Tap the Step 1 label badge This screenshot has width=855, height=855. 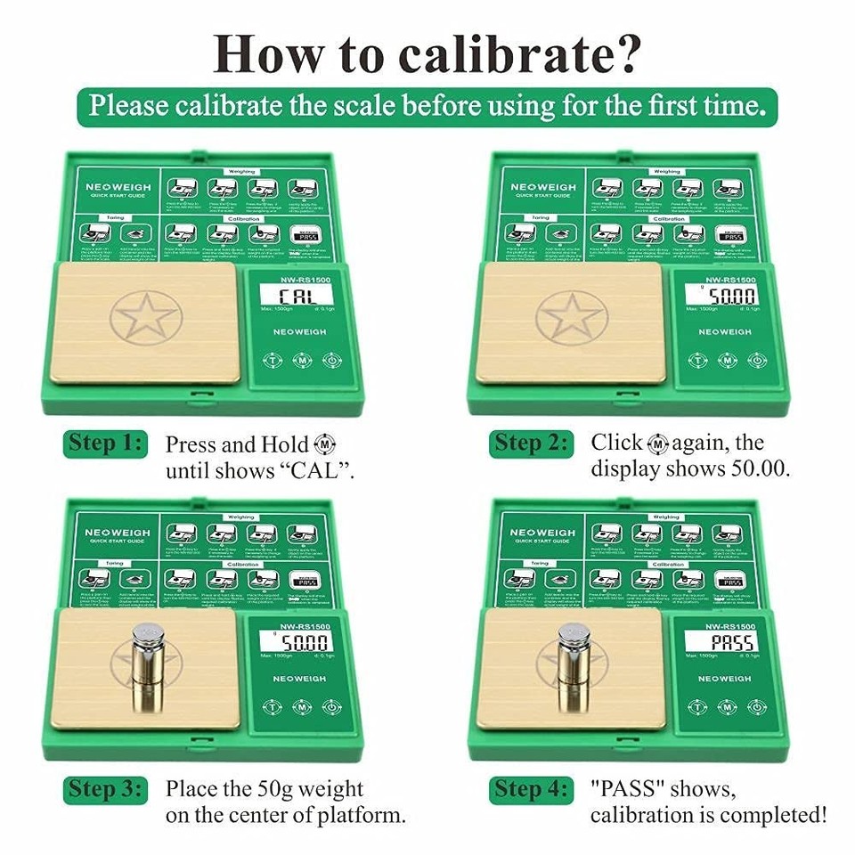coord(105,443)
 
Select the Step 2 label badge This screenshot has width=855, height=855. coord(531,443)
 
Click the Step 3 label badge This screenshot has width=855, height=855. coord(105,789)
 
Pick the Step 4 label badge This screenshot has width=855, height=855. coord(531,789)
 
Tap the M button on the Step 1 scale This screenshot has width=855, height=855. coord(301,362)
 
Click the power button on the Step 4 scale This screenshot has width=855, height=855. coord(756,707)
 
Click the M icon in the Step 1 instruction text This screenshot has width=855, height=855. coord(326,444)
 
